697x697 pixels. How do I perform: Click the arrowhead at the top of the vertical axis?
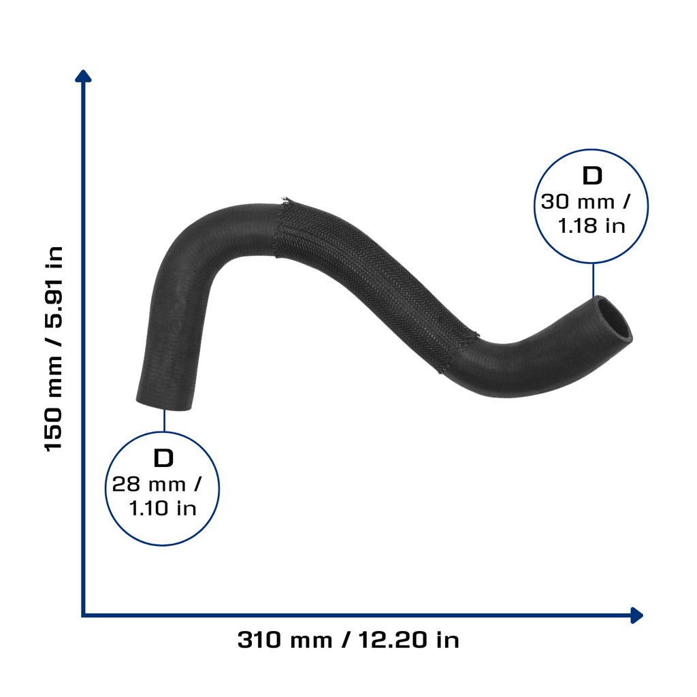[83, 76]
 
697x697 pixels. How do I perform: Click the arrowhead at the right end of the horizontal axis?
[636, 615]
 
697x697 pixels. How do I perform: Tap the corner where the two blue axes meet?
[83, 615]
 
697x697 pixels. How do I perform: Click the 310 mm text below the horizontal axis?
[285, 640]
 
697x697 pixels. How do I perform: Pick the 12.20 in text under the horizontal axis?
[408, 640]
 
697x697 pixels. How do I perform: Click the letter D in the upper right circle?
[592, 176]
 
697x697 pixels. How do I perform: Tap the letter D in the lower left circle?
[163, 458]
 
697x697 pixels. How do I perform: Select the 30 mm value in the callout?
[578, 201]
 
